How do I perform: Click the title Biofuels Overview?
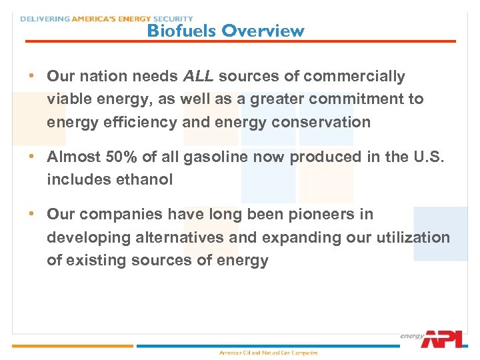pos(225,31)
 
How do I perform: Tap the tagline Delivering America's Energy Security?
pos(107,19)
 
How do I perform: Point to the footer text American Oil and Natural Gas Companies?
pos(269,353)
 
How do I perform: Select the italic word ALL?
pos(198,77)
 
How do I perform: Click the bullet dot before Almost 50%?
pos(31,156)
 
